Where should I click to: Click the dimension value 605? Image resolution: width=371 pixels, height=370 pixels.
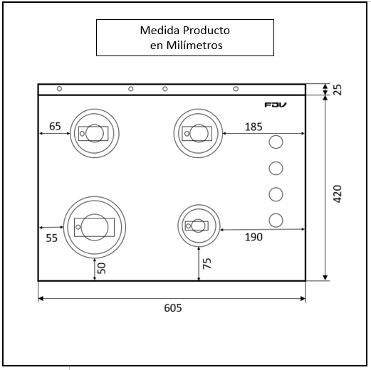172,308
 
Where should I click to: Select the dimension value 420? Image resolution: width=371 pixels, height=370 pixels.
337,194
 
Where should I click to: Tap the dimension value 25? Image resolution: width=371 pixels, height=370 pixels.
337,90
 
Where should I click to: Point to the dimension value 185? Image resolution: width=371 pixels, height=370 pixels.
253,127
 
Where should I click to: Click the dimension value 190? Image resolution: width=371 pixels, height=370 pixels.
253,237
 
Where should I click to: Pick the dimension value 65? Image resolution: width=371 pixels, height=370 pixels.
55,127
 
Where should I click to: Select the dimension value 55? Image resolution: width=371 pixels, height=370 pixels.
52,238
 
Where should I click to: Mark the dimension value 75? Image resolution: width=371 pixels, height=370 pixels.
207,264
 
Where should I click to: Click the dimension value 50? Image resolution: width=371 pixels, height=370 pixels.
102,268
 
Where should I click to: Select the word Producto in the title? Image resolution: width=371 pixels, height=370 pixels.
205,31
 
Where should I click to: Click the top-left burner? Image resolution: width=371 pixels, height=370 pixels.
94,133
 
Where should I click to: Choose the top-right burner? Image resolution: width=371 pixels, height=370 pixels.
197,132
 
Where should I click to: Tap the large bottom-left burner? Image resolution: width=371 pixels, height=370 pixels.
94,227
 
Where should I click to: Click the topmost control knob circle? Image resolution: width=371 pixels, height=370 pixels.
276,142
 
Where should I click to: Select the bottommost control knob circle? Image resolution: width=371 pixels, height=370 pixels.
276,219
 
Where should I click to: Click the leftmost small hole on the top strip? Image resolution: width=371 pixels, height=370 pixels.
59,89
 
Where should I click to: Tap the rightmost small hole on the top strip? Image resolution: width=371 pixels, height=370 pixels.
236,89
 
